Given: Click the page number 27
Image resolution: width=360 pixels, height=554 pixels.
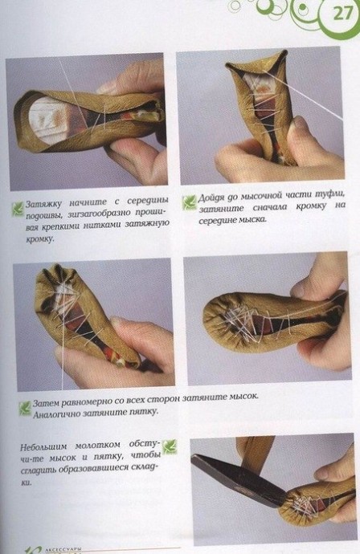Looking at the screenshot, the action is pos(342,13).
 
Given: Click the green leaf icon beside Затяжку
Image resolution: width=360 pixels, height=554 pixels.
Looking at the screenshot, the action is pos(18,210).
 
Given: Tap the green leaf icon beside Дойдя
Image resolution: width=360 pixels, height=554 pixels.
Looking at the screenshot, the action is pos(189,202).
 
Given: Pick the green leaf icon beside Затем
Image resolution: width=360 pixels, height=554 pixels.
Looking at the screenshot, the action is pos(25,408).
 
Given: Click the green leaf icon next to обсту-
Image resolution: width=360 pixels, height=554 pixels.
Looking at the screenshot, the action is pos(169,446).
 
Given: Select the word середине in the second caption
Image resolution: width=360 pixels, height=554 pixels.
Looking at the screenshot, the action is pos(215,221).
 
